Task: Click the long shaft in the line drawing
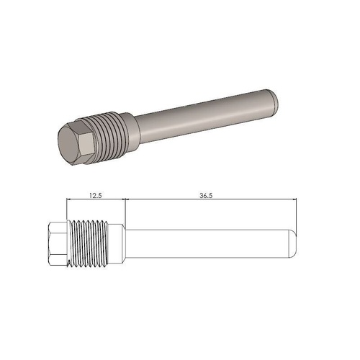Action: (209, 246)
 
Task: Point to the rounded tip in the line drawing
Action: (292, 246)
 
